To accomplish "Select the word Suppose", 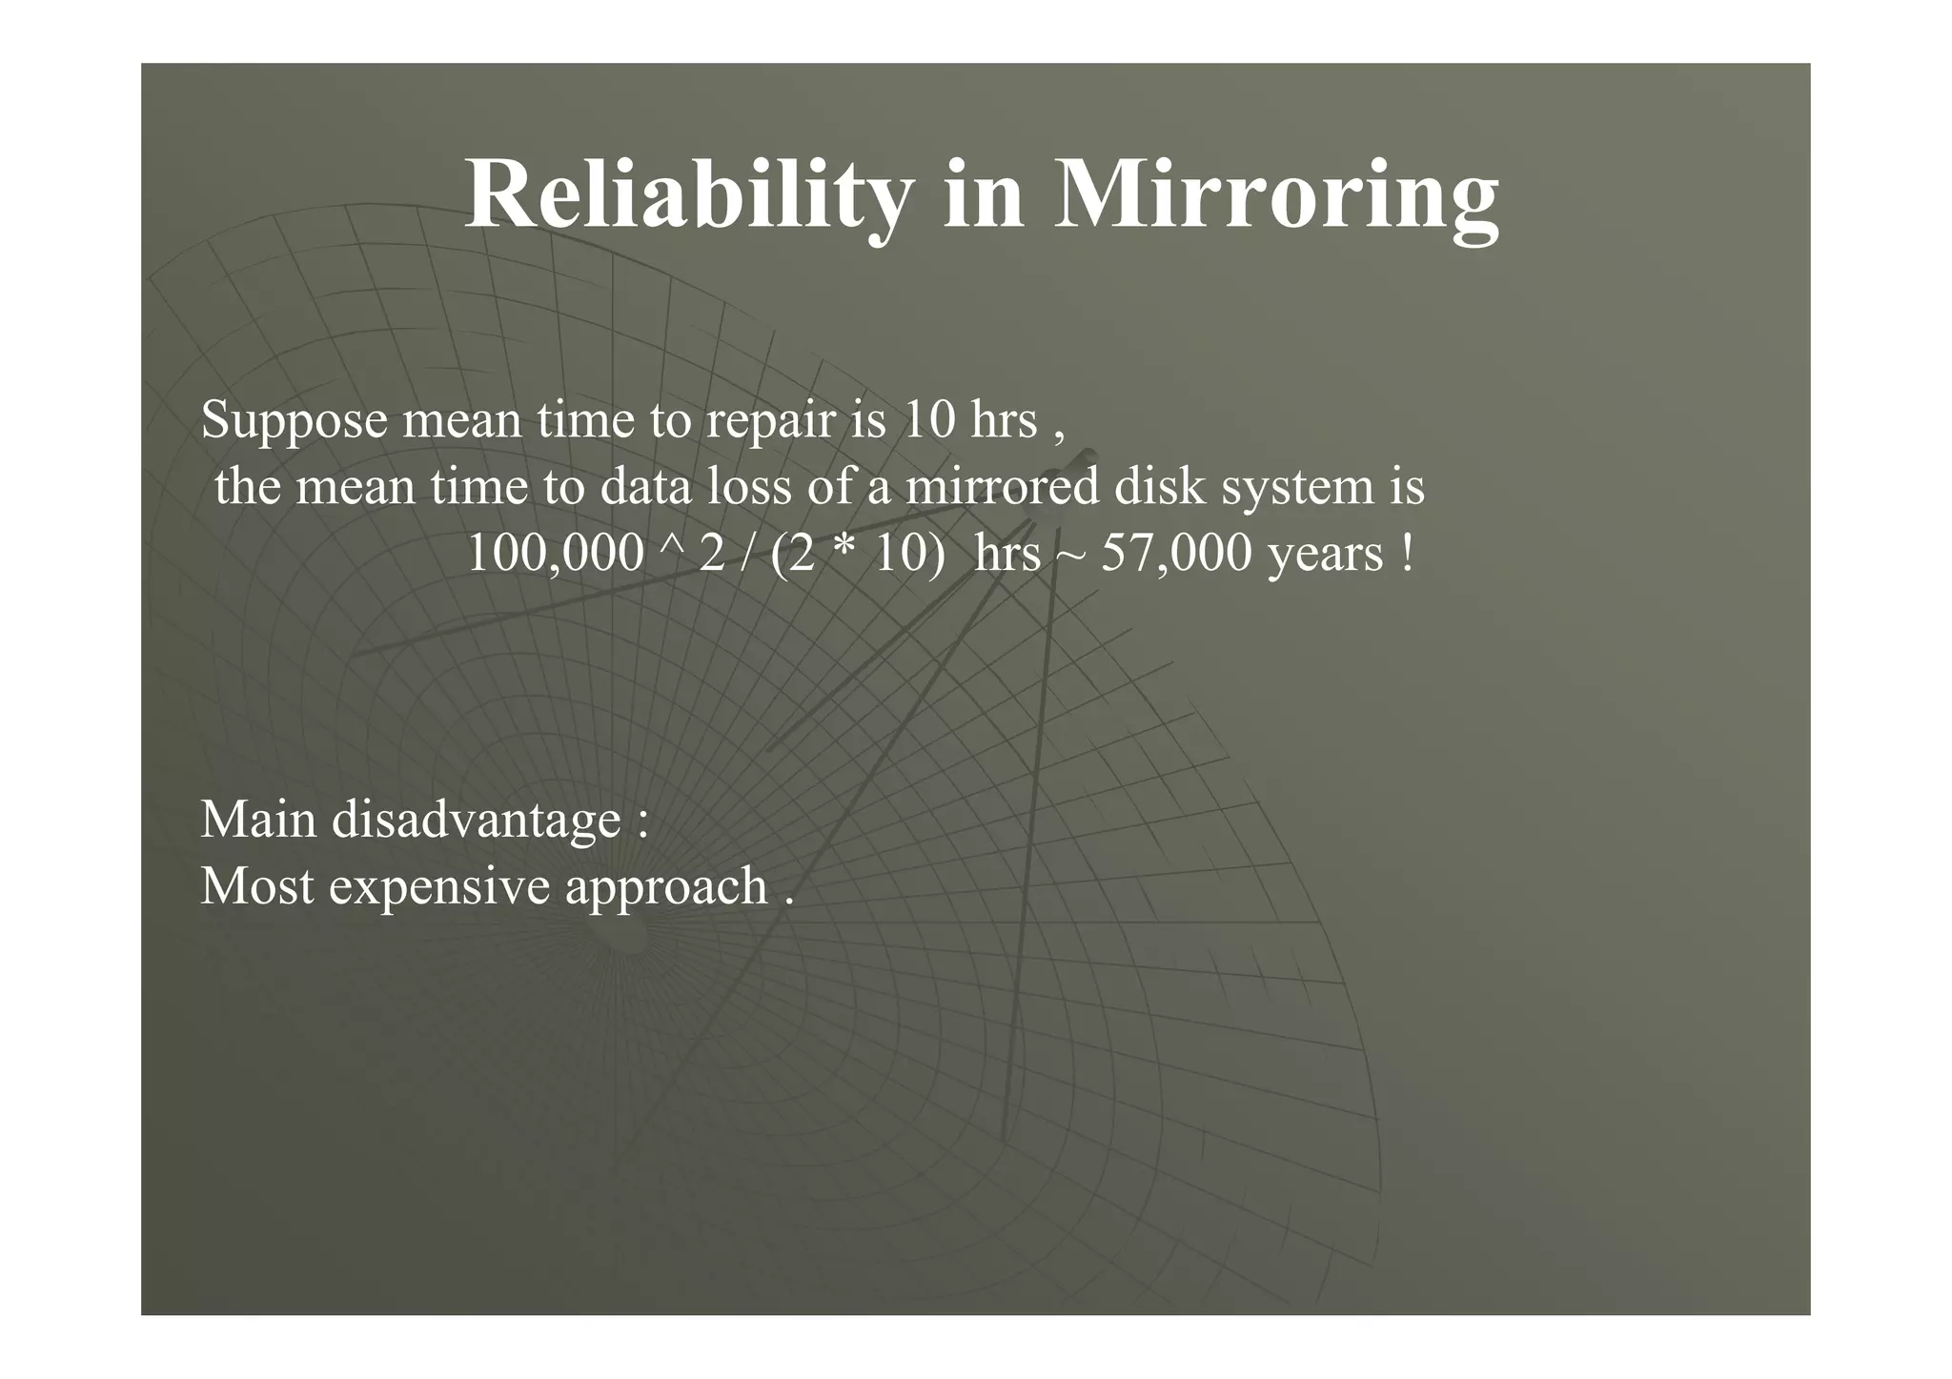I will click(x=295, y=421).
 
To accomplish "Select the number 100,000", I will click(x=555, y=554).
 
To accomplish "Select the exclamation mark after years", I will click(x=1408, y=554).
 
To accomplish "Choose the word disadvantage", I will click(x=477, y=820).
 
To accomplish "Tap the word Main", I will click(x=258, y=820).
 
